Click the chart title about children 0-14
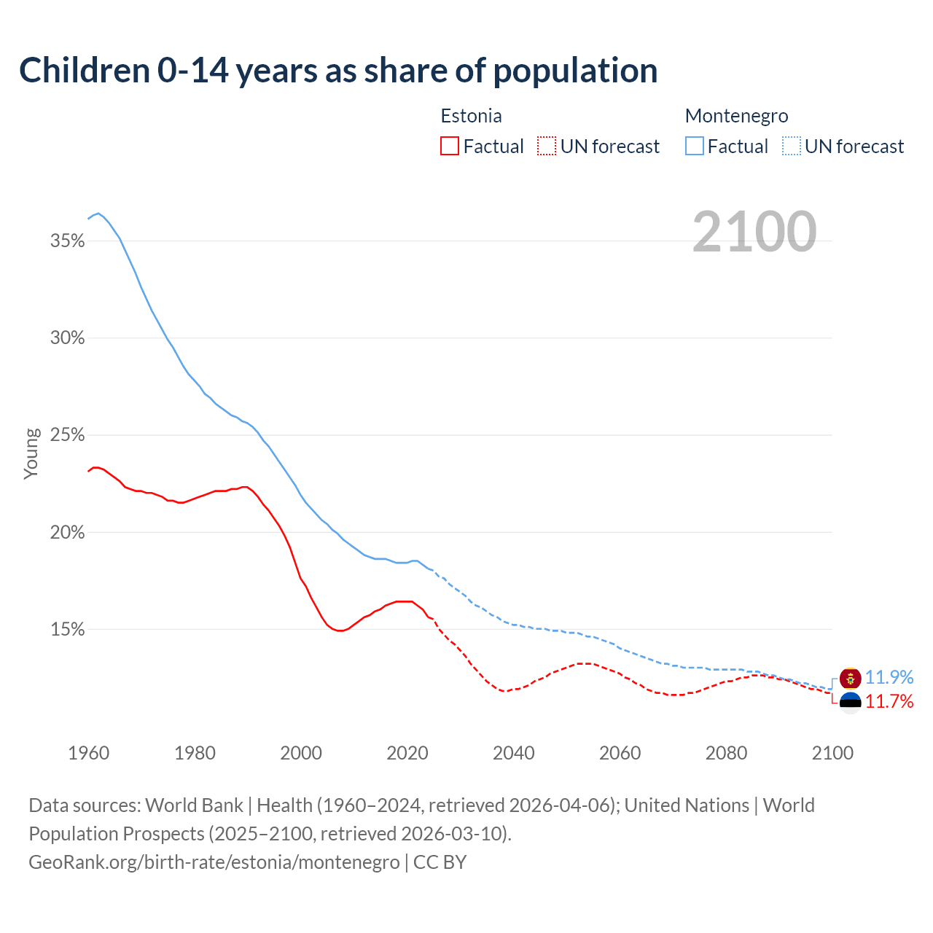[x=338, y=71]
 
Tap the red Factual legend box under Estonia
[x=450, y=147]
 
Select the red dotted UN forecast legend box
[x=547, y=147]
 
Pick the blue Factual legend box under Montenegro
[x=694, y=147]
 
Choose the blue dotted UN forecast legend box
[x=791, y=147]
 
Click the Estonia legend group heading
[x=471, y=116]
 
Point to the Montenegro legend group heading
[x=736, y=116]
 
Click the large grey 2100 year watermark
[x=754, y=232]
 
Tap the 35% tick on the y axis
[x=67, y=241]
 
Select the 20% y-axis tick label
[x=67, y=533]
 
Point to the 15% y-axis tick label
[x=67, y=630]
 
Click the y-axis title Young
[x=31, y=453]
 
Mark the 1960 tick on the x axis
[x=88, y=753]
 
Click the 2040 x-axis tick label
[x=513, y=753]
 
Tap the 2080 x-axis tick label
[x=726, y=753]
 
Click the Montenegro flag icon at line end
[x=850, y=678]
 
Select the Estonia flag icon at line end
[x=850, y=702]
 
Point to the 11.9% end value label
[x=889, y=677]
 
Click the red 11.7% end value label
[x=889, y=702]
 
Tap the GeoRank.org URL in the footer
[x=214, y=862]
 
